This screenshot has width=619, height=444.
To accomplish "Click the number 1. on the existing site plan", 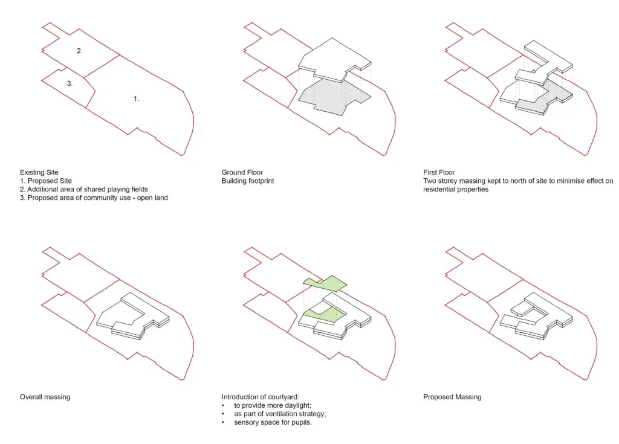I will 136,98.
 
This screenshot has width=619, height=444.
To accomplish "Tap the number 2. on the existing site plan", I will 79,51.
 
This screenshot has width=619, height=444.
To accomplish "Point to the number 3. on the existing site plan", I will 70,84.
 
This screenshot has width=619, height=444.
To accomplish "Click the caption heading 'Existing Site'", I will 39,172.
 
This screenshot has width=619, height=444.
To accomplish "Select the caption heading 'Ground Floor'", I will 242,172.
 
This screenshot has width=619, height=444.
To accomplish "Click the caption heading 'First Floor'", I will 439,172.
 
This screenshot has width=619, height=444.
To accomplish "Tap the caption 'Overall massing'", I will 45,397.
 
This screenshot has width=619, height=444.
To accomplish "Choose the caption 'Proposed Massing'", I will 452,397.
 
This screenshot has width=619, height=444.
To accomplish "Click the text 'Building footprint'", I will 248,181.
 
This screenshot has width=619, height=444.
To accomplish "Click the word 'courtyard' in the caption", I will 279,397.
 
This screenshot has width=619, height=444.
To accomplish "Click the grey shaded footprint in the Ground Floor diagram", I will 326,97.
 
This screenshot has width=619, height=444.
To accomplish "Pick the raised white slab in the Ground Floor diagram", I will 332,57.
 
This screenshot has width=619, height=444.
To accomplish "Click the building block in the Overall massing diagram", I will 130,317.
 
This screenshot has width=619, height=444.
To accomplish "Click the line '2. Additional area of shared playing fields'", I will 83,189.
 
